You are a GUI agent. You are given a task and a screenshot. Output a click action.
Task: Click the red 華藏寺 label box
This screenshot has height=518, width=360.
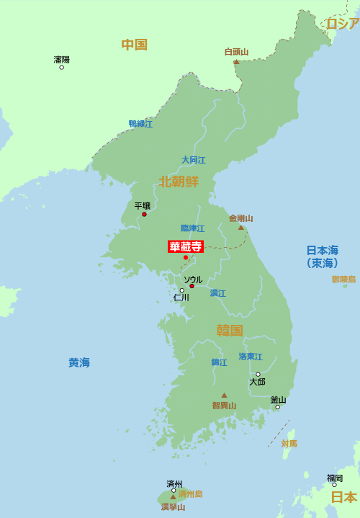185,246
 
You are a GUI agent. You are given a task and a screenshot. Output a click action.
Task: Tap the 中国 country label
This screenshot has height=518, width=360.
134,45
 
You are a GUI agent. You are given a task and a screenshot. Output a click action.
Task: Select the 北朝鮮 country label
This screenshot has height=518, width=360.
179,181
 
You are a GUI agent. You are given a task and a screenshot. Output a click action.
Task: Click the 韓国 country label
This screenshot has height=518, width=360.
230,330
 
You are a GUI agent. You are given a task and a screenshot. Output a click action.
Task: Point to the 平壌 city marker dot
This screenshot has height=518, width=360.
144,214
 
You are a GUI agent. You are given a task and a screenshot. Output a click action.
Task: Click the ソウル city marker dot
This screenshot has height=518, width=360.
192,286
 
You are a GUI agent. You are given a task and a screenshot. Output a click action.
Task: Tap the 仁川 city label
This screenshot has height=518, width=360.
181,298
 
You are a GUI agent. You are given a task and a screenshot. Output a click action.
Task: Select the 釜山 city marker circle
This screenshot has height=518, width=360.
277,407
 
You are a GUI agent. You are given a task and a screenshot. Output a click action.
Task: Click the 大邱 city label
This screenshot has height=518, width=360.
257,382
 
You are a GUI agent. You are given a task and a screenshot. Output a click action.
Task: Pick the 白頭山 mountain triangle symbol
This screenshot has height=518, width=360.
236,62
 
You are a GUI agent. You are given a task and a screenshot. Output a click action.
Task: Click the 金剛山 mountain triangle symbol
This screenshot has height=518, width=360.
241,228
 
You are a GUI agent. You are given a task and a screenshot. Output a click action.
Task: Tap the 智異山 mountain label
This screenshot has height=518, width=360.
224,406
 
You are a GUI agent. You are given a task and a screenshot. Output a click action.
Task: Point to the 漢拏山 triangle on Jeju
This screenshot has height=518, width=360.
173,496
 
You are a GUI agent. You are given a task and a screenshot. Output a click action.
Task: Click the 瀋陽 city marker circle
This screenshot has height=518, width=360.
61,67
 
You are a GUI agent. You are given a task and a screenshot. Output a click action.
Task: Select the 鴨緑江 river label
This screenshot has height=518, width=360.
140,124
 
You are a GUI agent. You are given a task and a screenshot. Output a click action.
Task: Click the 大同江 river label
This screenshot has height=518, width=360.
193,160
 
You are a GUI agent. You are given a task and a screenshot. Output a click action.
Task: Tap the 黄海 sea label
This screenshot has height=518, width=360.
79,362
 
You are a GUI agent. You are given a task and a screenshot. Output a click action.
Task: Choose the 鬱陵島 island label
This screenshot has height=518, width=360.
343,279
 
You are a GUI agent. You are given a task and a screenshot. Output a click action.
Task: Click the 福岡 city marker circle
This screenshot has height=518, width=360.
334,485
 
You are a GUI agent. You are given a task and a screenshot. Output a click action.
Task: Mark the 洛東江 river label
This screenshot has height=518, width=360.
251,357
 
